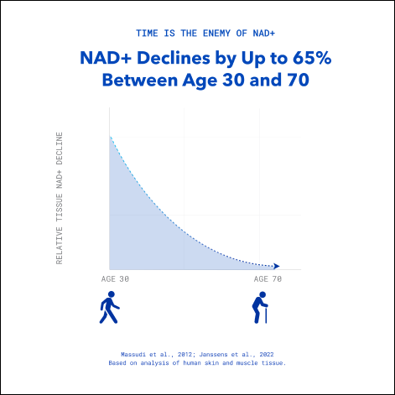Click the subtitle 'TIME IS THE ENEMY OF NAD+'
(197, 33)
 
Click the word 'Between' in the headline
(136, 81)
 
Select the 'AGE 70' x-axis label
(268, 278)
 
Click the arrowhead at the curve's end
(275, 266)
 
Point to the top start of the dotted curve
(110, 136)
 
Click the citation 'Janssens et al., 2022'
(236, 354)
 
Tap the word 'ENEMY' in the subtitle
(206, 33)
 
